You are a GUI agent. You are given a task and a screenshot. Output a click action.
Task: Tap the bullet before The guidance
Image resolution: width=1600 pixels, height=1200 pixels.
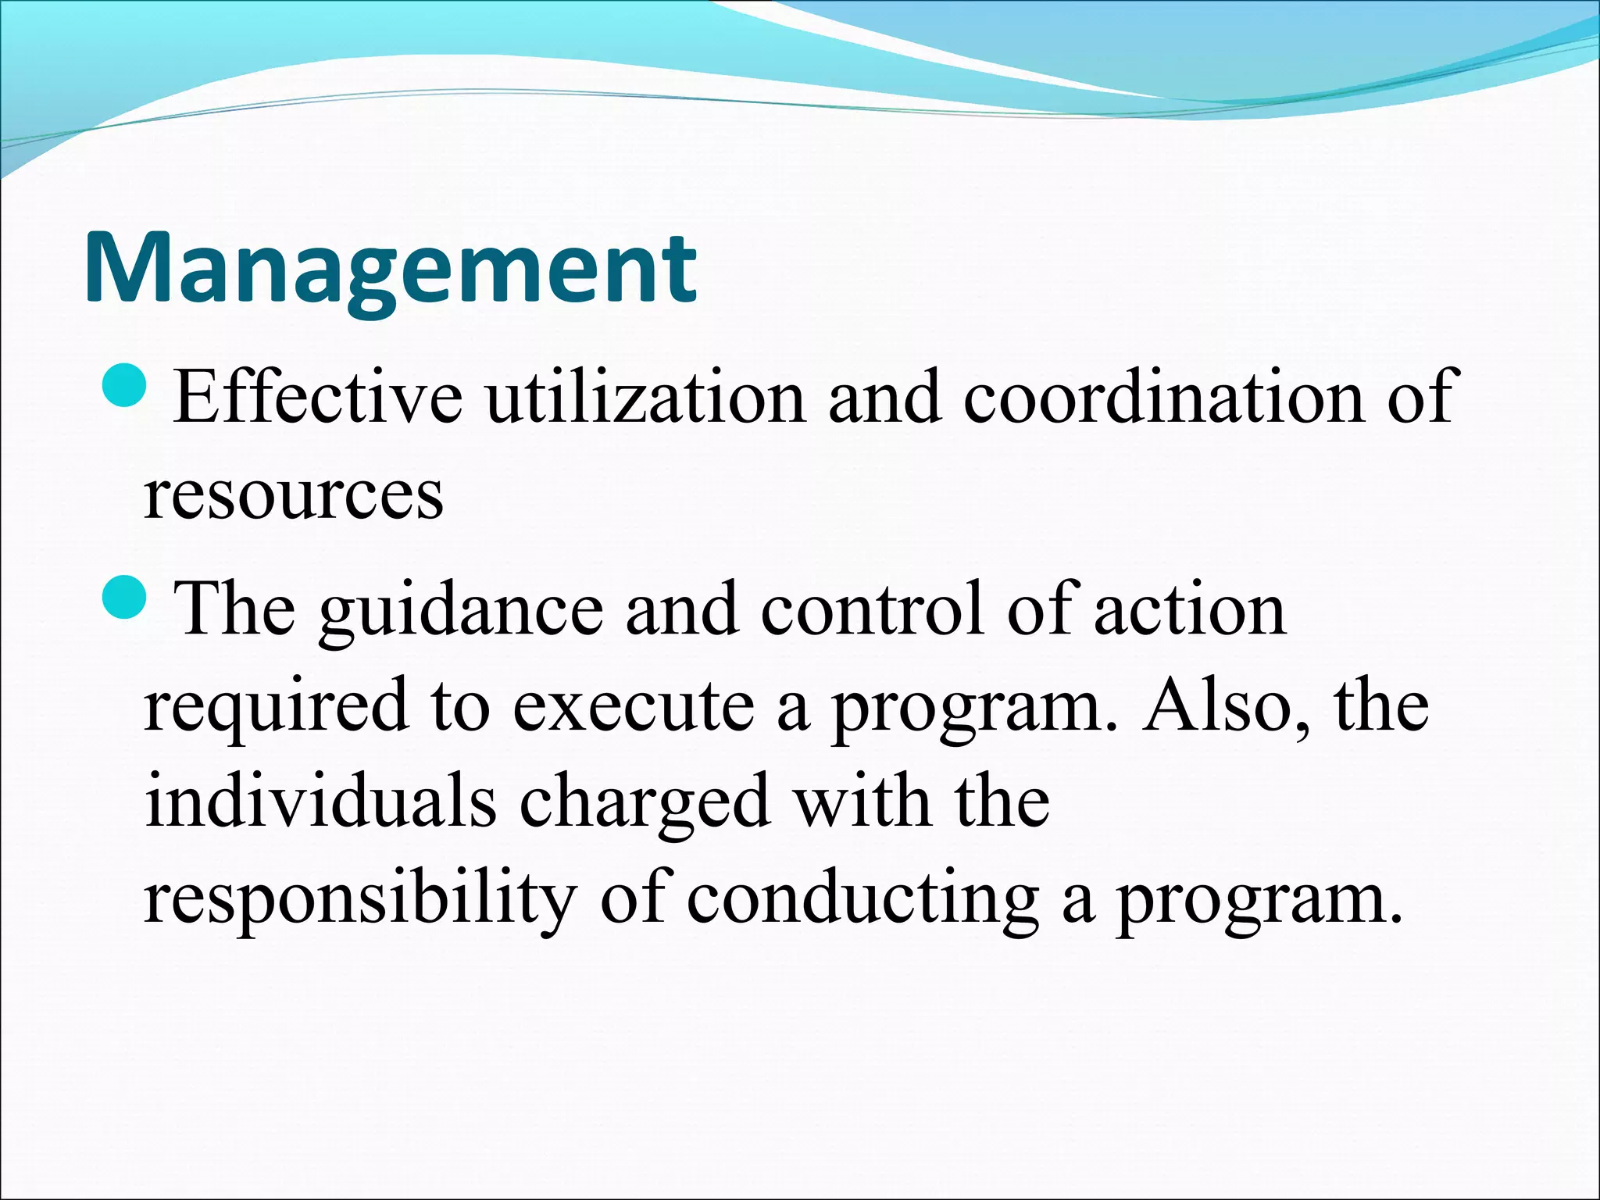click(124, 598)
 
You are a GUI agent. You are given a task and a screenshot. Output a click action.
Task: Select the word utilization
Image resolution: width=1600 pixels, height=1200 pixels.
click(645, 398)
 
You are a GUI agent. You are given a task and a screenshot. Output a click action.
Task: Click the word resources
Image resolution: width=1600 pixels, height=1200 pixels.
click(294, 496)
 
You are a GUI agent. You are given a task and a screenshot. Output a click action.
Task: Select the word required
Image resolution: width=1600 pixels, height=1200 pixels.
click(277, 708)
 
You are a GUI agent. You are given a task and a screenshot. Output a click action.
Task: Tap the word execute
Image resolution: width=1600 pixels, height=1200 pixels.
click(634, 708)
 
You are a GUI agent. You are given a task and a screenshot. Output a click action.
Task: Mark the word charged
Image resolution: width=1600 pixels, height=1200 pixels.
click(645, 805)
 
